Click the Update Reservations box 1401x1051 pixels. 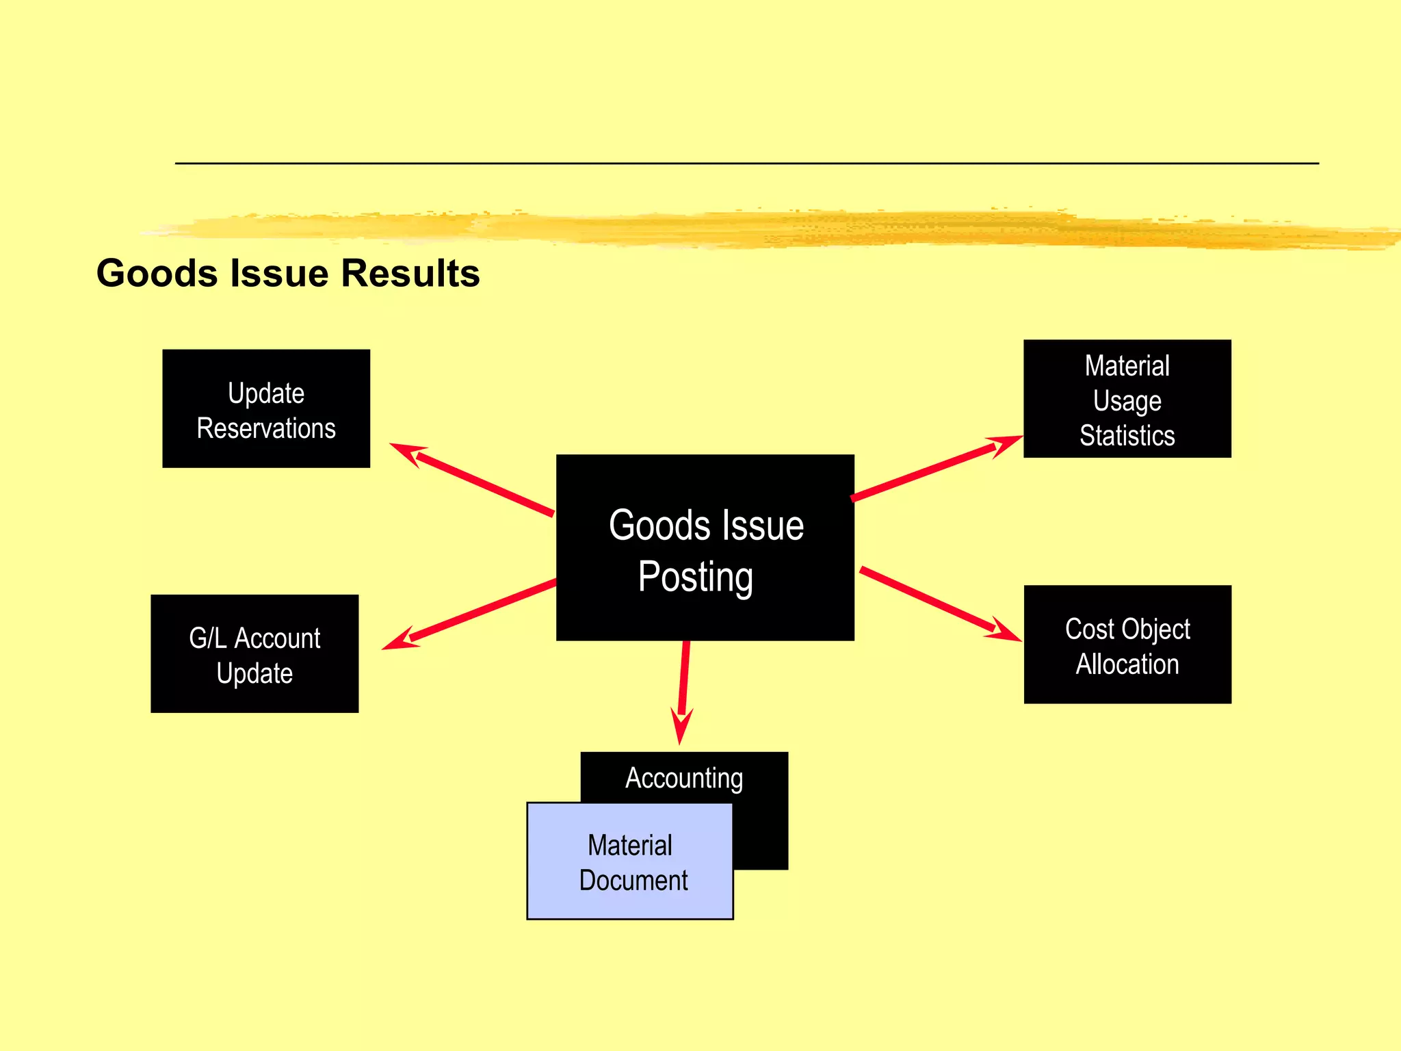click(x=266, y=408)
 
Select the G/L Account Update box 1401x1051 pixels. click(x=254, y=653)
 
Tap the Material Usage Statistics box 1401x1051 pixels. click(x=1127, y=399)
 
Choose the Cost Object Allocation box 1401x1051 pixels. click(x=1127, y=645)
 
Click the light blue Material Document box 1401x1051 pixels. click(x=629, y=861)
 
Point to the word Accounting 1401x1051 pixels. click(x=684, y=778)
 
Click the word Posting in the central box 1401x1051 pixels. click(x=695, y=576)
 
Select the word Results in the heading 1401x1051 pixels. click(x=410, y=273)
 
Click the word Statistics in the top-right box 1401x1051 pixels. click(x=1127, y=436)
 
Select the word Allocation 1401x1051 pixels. click(x=1127, y=664)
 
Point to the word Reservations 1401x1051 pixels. click(x=266, y=428)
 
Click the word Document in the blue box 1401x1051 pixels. click(x=633, y=881)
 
